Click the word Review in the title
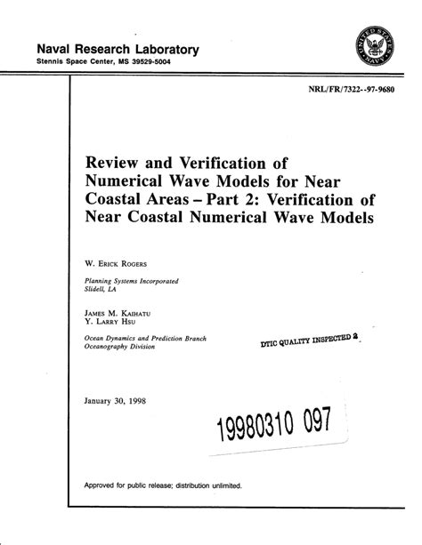115,163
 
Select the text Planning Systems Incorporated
131,281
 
